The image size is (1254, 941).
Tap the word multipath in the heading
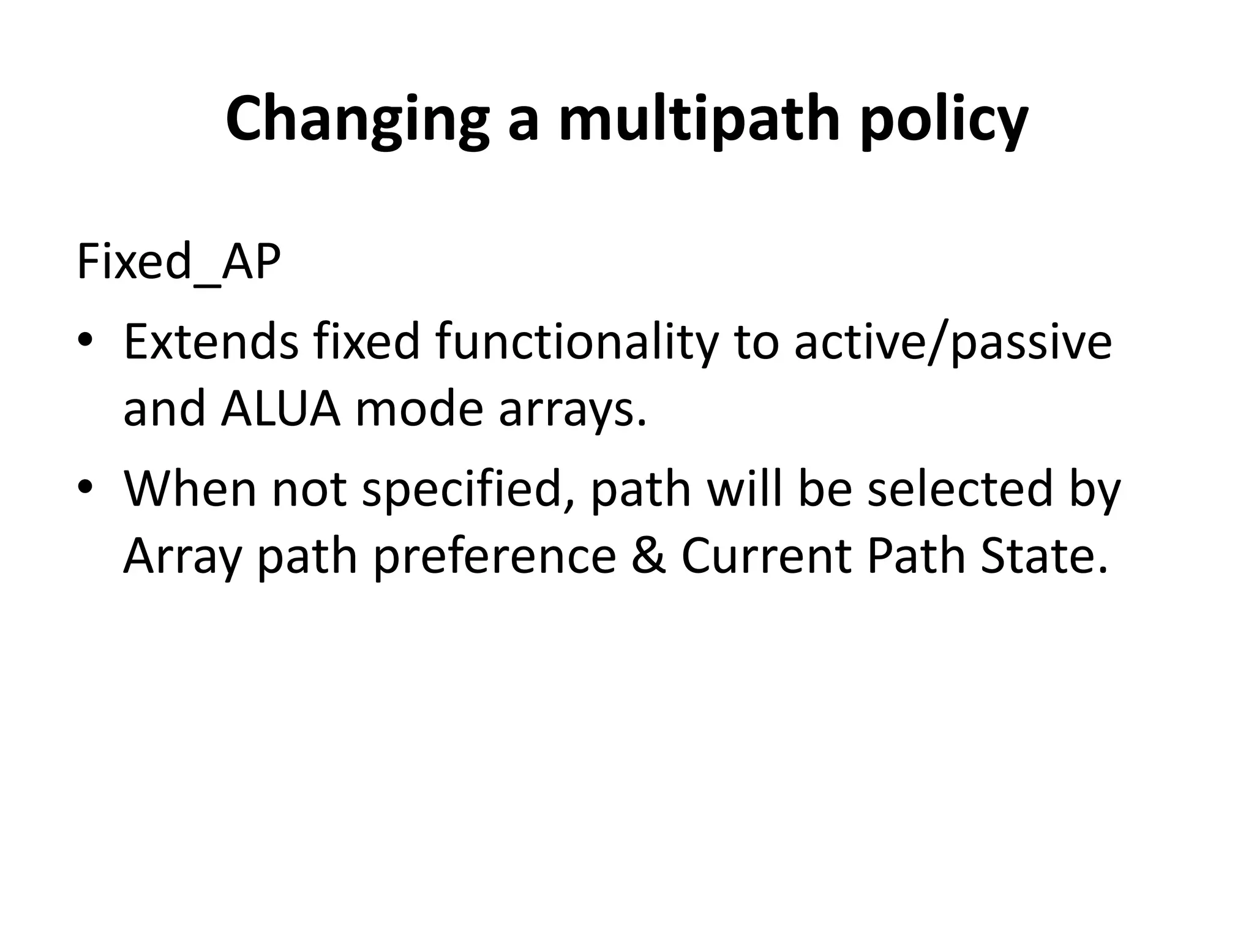tap(699, 121)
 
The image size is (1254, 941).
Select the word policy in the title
tap(944, 121)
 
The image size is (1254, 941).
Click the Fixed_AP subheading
tap(178, 262)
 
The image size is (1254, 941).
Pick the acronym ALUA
tap(280, 409)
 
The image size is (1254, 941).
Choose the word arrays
tap(573, 409)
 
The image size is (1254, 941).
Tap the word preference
tap(495, 556)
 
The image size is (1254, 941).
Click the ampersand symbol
tap(648, 556)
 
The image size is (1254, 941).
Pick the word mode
tap(419, 409)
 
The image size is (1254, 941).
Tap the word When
tap(189, 489)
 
